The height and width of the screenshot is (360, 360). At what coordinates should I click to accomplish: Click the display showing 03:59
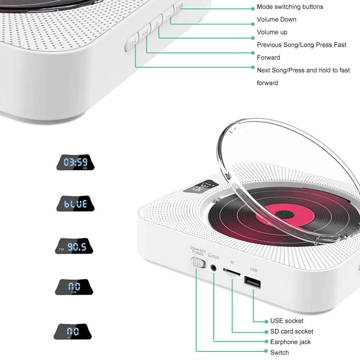(75, 163)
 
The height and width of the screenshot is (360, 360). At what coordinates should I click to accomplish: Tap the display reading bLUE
(75, 204)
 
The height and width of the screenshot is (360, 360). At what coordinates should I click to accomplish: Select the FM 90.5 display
(74, 246)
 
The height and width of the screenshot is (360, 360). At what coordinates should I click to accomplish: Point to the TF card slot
(232, 273)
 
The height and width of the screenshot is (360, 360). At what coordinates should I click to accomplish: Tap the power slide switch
(198, 263)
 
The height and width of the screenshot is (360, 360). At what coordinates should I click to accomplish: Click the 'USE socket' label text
(287, 321)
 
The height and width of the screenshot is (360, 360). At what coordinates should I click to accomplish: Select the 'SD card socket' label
(292, 331)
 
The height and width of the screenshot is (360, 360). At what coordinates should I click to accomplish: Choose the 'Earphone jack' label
(290, 342)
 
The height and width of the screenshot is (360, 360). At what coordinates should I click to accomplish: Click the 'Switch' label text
(279, 353)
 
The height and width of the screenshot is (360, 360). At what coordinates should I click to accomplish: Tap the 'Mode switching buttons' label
(290, 7)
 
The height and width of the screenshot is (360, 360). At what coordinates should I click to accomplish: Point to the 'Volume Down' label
(276, 19)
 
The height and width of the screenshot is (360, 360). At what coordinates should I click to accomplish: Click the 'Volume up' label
(272, 32)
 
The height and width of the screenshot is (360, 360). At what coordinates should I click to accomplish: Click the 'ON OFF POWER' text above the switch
(197, 250)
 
